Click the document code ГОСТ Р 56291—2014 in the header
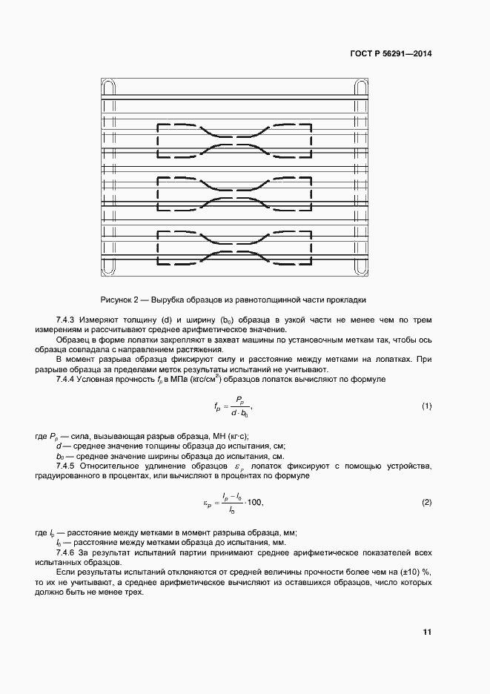[391, 54]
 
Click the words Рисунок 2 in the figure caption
[120, 300]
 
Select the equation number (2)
[426, 502]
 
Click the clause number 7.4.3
[67, 320]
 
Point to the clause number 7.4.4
[67, 379]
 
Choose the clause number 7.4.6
[67, 552]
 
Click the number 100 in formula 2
[254, 503]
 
